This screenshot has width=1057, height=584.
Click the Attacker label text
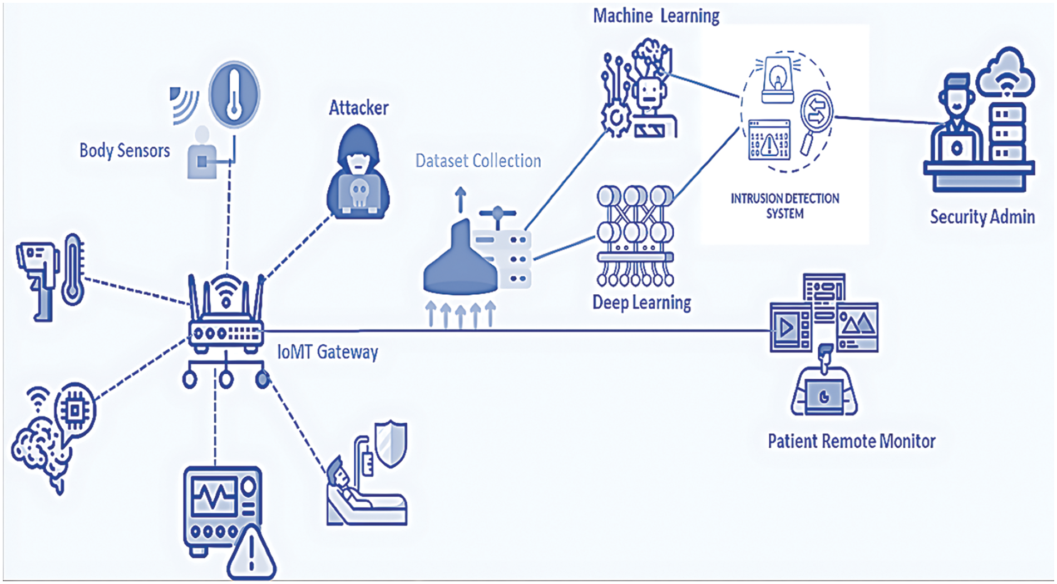tap(359, 107)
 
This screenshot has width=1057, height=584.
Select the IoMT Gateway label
tap(328, 352)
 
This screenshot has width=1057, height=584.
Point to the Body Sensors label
tap(125, 150)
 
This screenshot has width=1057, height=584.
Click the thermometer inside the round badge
tap(234, 95)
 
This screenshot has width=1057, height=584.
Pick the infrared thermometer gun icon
tap(37, 281)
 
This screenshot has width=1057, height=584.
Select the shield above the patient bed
tap(391, 444)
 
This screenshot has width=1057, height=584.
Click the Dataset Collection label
tap(478, 161)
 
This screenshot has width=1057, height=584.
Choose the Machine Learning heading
tap(656, 16)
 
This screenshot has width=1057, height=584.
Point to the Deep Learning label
tap(642, 303)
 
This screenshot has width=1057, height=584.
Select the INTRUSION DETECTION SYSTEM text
tap(785, 206)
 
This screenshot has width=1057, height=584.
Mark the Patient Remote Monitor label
tap(852, 441)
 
